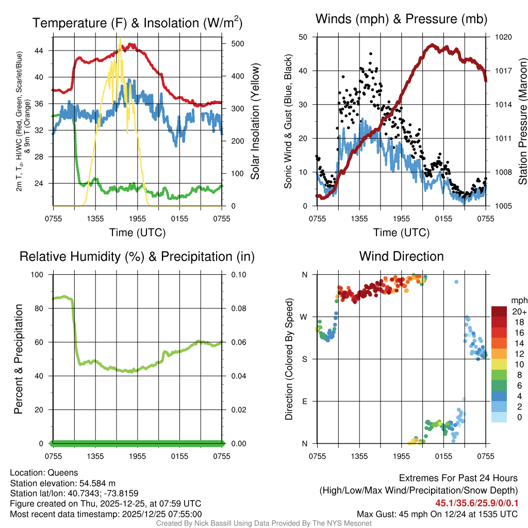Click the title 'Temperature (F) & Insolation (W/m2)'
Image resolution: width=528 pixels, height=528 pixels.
point(137,23)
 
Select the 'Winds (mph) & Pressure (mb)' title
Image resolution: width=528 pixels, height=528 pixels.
point(401,19)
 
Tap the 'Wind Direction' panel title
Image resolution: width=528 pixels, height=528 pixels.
point(401,256)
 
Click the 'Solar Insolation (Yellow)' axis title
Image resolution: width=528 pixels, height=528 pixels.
point(256,121)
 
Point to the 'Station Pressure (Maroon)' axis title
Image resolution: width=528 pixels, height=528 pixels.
point(523,121)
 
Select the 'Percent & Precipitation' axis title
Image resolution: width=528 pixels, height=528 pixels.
point(19,359)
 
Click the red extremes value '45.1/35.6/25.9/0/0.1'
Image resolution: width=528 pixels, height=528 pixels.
point(477,503)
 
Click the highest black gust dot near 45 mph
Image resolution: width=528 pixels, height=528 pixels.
point(371,53)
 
